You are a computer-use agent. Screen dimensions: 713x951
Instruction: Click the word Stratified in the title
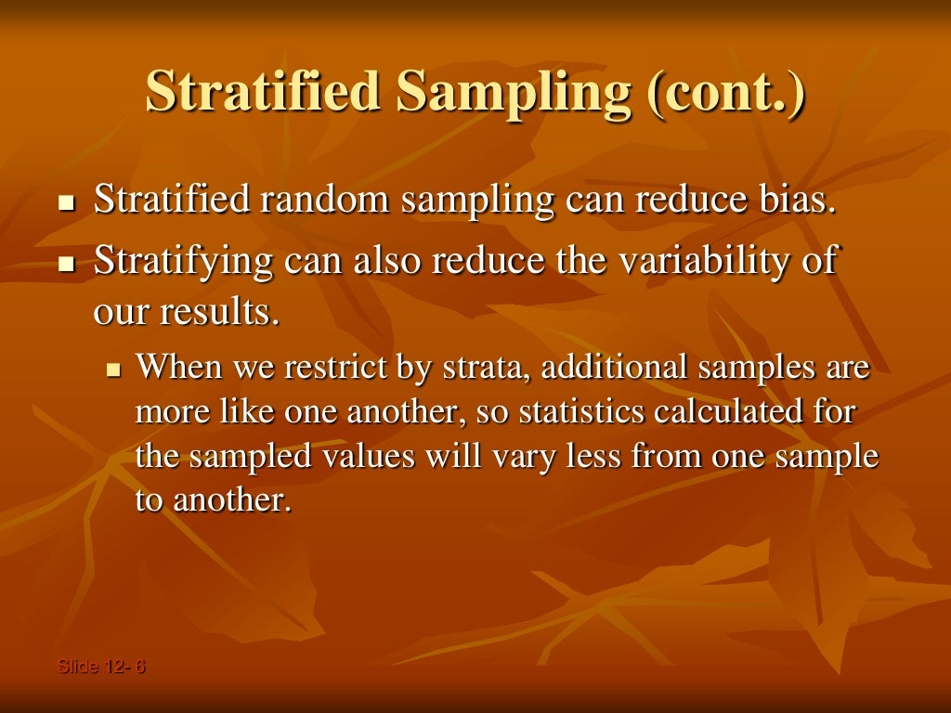262,93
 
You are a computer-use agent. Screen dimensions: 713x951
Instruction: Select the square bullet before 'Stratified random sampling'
65,203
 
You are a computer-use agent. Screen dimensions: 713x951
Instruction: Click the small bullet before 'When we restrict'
114,369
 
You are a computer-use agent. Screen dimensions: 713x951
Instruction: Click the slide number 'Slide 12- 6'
101,666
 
